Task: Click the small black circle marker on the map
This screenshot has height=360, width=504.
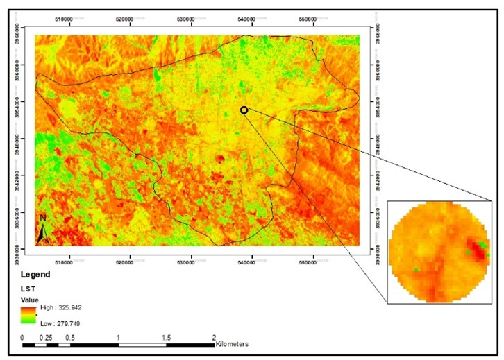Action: coord(244,110)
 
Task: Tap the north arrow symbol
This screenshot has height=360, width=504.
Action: coord(42,230)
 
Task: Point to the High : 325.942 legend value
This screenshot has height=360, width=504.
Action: coord(64,306)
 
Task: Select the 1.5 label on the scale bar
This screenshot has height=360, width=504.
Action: coord(167,337)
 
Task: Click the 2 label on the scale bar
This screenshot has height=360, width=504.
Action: coord(214,337)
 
